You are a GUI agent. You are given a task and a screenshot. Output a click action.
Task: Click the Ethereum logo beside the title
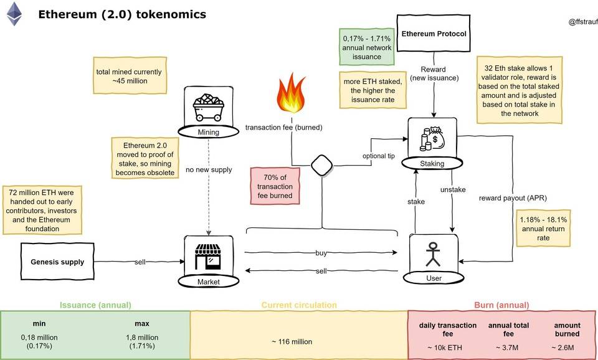(x=14, y=13)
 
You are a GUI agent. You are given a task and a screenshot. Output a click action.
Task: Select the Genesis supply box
(x=57, y=261)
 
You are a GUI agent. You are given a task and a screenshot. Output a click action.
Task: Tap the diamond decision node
(x=321, y=166)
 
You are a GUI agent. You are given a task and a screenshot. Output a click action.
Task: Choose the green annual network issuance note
(x=368, y=47)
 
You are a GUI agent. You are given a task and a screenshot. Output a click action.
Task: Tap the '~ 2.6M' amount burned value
(x=567, y=346)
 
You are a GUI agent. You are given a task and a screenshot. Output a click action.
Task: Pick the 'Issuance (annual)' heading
(x=95, y=305)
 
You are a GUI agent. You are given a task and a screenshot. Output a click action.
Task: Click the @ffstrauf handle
(x=582, y=22)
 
